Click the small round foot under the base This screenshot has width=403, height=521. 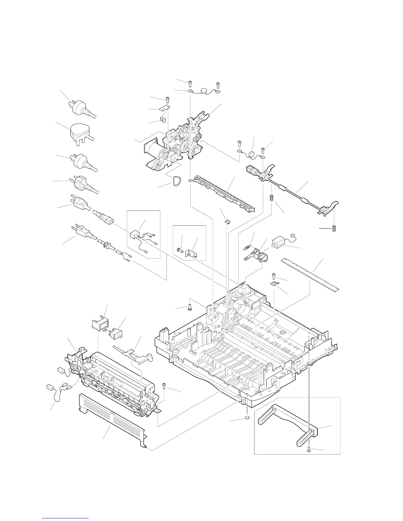[247, 418]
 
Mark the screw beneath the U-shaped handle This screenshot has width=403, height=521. [309, 449]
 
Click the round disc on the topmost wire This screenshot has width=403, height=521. [206, 89]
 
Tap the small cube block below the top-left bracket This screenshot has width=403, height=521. [163, 118]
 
